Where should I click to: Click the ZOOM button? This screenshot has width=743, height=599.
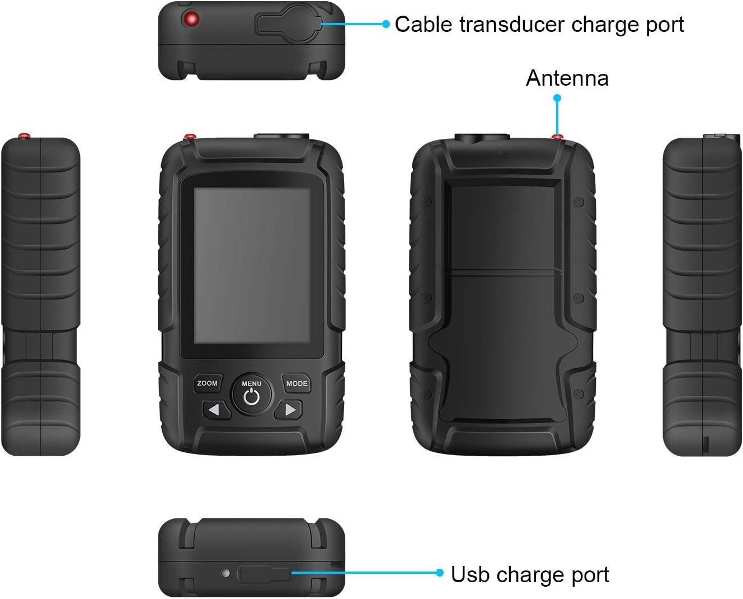pyautogui.click(x=207, y=383)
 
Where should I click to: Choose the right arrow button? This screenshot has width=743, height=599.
pyautogui.click(x=289, y=410)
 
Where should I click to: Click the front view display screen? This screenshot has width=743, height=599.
pyautogui.click(x=252, y=265)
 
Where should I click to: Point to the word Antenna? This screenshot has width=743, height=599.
pyautogui.click(x=567, y=78)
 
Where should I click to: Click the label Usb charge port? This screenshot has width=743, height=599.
pyautogui.click(x=530, y=575)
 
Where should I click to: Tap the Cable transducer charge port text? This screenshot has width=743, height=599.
pyautogui.click(x=539, y=25)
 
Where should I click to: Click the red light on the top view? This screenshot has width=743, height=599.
pyautogui.click(x=191, y=20)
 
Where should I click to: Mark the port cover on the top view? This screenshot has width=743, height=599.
pyautogui.click(x=288, y=24)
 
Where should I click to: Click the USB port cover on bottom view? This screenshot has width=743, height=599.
pyautogui.click(x=264, y=574)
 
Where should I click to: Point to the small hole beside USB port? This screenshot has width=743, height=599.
pyautogui.click(x=225, y=573)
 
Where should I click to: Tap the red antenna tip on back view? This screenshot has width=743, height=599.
pyautogui.click(x=557, y=136)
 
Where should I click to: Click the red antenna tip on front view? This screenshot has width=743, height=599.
pyautogui.click(x=190, y=136)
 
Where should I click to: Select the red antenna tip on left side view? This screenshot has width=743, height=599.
pyautogui.click(x=24, y=136)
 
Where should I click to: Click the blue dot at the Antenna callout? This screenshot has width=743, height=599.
pyautogui.click(x=557, y=98)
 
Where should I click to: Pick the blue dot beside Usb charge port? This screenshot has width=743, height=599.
pyautogui.click(x=440, y=573)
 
